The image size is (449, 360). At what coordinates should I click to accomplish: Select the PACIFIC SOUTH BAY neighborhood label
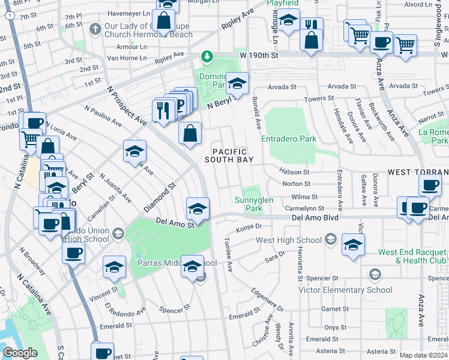(x=228, y=155)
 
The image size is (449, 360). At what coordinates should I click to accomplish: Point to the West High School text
(x=289, y=241)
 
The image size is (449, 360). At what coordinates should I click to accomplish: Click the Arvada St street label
(x=282, y=86)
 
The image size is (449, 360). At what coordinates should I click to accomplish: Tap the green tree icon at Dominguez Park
(x=208, y=56)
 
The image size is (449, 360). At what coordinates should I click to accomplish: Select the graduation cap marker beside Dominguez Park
(x=237, y=83)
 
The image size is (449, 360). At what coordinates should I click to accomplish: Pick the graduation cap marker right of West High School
(x=353, y=245)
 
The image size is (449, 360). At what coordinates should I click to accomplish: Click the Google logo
(x=20, y=353)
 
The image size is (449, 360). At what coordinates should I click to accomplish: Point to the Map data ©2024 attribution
(x=423, y=355)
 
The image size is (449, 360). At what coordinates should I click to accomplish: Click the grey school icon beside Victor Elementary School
(x=375, y=275)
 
